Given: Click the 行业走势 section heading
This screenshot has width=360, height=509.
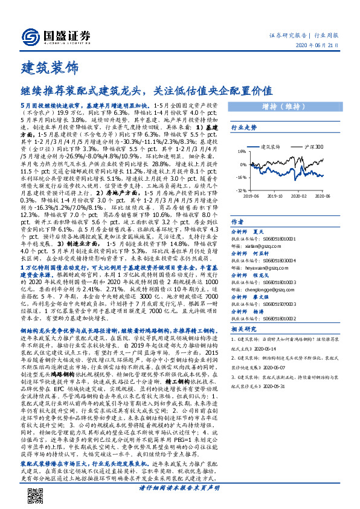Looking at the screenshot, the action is pyautogui.click(x=244, y=128).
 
